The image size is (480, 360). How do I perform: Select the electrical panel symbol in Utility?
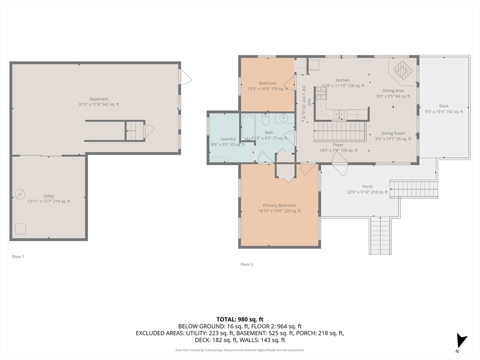[x=20, y=194]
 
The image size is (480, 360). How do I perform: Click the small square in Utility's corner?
[x=21, y=229]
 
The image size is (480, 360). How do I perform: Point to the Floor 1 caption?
[x=18, y=256]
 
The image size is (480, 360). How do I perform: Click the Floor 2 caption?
[x=247, y=264]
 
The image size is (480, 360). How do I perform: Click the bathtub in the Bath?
[x=248, y=127]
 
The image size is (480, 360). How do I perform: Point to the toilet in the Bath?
[x=265, y=120]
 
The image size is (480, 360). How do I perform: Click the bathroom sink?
[x=284, y=117]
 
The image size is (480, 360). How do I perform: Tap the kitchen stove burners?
[x=321, y=93]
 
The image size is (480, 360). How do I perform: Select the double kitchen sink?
[x=339, y=114]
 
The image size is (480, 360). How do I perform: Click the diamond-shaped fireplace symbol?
[x=401, y=69]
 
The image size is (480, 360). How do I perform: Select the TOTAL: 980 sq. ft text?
[x=240, y=320]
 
